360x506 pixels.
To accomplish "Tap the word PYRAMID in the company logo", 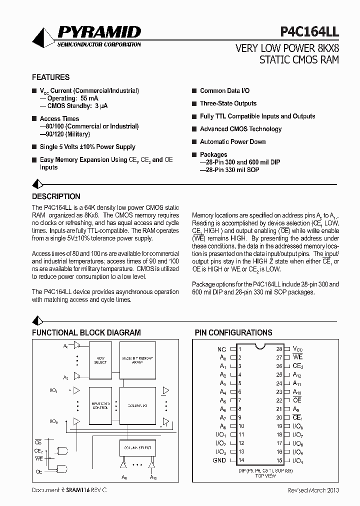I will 99,33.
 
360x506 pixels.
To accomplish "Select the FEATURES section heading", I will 50,77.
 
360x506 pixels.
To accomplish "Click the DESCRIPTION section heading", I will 56,196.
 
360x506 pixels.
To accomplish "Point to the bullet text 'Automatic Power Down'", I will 232,142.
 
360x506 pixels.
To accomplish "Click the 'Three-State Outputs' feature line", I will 228,103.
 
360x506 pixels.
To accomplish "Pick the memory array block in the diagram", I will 137,360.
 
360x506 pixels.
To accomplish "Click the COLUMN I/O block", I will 137,405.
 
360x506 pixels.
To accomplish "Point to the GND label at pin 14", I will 219,460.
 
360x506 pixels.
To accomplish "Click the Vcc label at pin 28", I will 297,349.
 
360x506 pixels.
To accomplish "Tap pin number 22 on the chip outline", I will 279,400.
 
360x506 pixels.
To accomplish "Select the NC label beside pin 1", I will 222,349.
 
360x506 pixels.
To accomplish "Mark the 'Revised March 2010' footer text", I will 313,490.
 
